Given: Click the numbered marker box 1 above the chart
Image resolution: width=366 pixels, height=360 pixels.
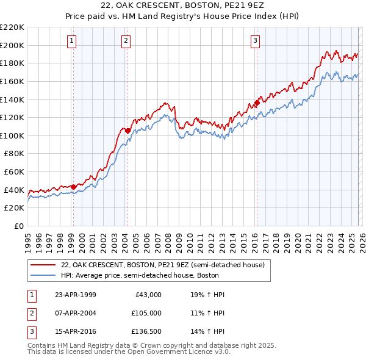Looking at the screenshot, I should point(72,41).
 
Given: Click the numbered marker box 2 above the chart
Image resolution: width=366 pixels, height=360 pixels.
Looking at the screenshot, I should point(126,41).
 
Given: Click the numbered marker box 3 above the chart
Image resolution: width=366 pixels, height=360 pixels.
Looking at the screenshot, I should point(255,41).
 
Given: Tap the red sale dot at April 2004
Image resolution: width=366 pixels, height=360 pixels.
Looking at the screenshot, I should point(127,131).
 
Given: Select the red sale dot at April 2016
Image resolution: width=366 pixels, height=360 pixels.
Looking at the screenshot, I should point(257,103).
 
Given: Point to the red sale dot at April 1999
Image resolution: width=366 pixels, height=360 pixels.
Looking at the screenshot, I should point(73,187).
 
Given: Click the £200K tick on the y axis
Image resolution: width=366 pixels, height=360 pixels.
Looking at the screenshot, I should point(13,45).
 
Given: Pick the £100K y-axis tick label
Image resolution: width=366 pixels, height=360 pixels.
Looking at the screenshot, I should point(13,135).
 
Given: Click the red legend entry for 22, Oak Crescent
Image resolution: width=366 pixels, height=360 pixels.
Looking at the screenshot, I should point(162,265).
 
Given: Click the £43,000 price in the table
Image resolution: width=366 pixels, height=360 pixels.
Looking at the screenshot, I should point(146,294).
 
